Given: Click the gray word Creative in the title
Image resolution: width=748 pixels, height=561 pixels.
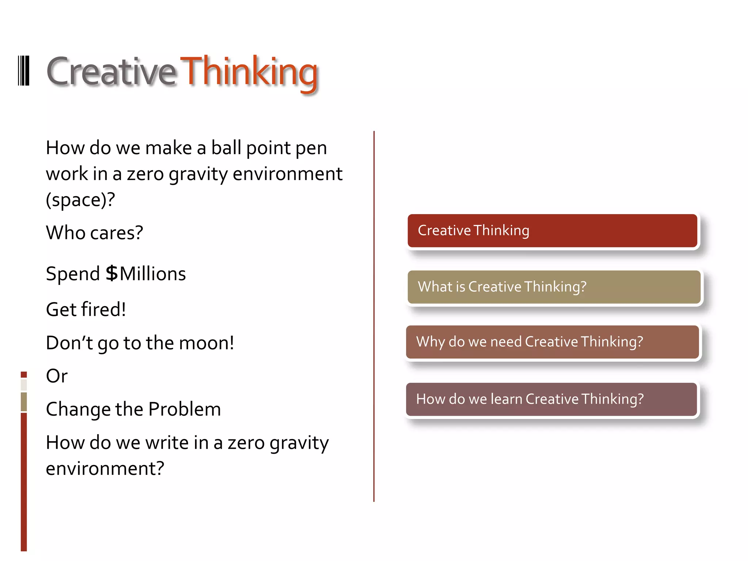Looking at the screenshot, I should coord(111,72).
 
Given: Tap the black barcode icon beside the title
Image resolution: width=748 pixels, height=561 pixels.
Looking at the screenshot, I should coord(24,71).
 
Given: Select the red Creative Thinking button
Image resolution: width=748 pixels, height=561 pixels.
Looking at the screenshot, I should coord(552,231).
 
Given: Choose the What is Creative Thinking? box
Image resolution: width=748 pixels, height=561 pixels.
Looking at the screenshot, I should coord(554,287).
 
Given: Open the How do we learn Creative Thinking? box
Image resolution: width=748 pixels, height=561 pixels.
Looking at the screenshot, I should coord(552,399).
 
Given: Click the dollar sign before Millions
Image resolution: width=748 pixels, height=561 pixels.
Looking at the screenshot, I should coord(112,274).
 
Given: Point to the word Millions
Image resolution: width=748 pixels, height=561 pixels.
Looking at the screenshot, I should coord(153,274).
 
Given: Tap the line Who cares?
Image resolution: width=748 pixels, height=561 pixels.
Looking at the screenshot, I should coord(94,233).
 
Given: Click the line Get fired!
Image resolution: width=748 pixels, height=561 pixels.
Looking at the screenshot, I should coord(86,309).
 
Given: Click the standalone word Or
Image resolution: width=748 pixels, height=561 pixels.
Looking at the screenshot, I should coord(57,376).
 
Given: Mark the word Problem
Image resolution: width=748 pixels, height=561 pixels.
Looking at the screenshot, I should coord(184,409).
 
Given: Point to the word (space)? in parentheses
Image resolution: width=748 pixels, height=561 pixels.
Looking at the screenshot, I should coord(80,200).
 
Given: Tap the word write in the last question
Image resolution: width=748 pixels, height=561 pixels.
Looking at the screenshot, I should coord(167,443).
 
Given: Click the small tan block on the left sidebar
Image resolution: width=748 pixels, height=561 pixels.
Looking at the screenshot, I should coord(24,402).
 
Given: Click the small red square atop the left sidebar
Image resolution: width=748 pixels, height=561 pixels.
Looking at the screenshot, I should coord(24,374).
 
